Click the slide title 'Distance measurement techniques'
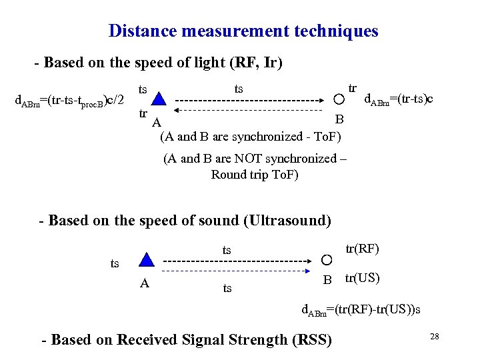point(243,31)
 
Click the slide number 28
point(434,337)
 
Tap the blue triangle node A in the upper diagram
point(157,100)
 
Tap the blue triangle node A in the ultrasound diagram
point(147,260)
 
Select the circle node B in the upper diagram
point(339,100)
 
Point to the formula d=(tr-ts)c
point(398,99)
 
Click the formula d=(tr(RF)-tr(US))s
point(361,310)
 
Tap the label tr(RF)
point(363,249)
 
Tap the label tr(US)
point(362,278)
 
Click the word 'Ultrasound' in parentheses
point(287,220)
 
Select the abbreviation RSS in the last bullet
point(311,339)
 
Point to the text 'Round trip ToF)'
point(255,175)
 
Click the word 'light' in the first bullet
point(206,63)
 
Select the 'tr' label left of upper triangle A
point(143,113)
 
